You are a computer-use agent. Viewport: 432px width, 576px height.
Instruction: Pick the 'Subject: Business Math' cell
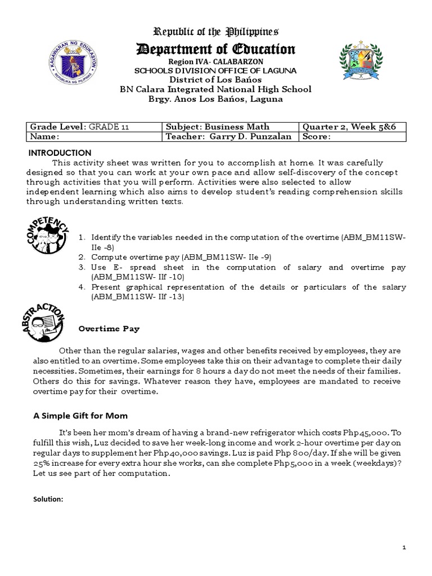[217, 127]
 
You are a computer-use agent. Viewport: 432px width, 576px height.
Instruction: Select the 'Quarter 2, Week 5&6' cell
[349, 127]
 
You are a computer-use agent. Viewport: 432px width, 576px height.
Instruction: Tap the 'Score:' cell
[317, 137]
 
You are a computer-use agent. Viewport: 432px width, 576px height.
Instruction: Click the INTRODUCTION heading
[60, 152]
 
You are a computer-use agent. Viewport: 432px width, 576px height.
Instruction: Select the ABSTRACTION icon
[46, 325]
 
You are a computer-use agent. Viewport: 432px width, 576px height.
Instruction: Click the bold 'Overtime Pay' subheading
[109, 328]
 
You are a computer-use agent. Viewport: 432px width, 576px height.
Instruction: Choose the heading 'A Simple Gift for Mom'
[80, 416]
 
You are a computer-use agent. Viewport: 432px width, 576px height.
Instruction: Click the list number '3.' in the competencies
[82, 267]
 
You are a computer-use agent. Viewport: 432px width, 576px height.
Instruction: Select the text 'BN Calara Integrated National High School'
[216, 89]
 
